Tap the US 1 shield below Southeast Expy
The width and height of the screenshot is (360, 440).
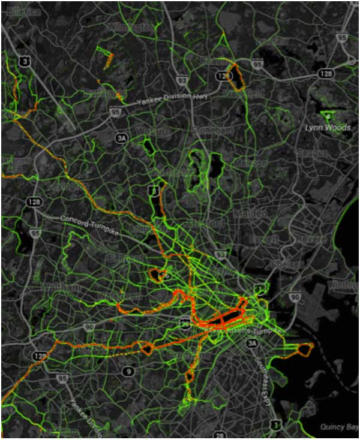(x=275, y=424)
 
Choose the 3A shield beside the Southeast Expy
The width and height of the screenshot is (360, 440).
(x=252, y=342)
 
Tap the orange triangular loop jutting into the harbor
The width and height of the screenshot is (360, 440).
(x=302, y=350)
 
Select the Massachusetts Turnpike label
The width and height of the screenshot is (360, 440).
(x=246, y=329)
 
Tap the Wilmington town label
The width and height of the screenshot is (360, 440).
(x=131, y=27)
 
